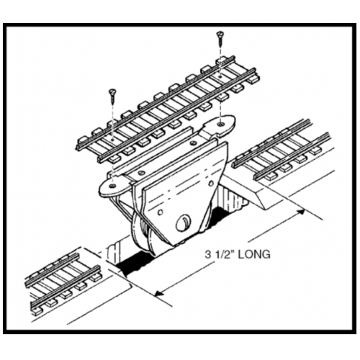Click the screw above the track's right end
coord(220,39)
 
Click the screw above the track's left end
coord(112,97)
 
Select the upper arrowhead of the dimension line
coord(301,212)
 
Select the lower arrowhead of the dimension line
coord(160,292)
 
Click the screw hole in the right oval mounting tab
coord(220,124)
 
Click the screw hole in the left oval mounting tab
coord(112,186)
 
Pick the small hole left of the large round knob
coord(161,212)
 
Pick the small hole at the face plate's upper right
coord(211,184)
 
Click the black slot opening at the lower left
coord(135,265)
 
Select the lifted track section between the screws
coord(168,111)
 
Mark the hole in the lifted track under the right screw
coord(220,77)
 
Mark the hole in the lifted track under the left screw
coord(112,139)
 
